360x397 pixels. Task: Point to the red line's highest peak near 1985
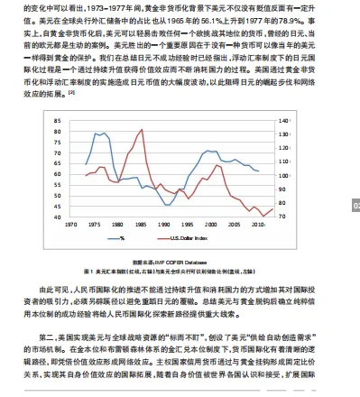(142, 130)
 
